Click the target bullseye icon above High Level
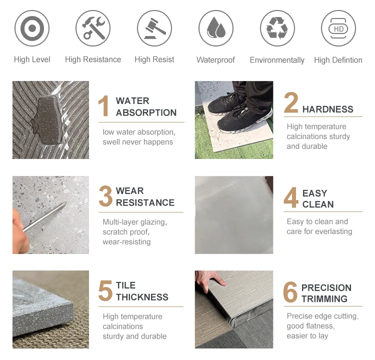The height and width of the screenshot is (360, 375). [32, 28]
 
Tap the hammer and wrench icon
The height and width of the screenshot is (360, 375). [93, 28]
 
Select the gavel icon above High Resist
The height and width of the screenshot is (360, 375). [154, 28]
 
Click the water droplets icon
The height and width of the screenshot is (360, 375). [216, 28]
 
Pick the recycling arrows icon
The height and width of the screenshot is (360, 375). [277, 28]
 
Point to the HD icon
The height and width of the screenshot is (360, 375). [338, 28]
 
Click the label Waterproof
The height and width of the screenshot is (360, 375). [215, 60]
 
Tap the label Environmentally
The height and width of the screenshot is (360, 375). [277, 60]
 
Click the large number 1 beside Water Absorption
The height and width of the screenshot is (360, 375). [103, 105]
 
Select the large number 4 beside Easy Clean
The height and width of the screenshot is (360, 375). [291, 197]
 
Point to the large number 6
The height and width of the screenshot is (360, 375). [290, 292]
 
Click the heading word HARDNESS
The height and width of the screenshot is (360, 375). [327, 109]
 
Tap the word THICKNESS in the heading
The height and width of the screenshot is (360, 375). [142, 297]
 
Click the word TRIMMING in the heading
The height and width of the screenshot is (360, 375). [324, 299]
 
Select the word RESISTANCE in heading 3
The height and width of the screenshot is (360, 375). [145, 202]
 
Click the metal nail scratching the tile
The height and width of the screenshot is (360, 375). [44, 217]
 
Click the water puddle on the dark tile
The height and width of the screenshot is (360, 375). [47, 121]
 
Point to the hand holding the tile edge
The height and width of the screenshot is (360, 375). [210, 278]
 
